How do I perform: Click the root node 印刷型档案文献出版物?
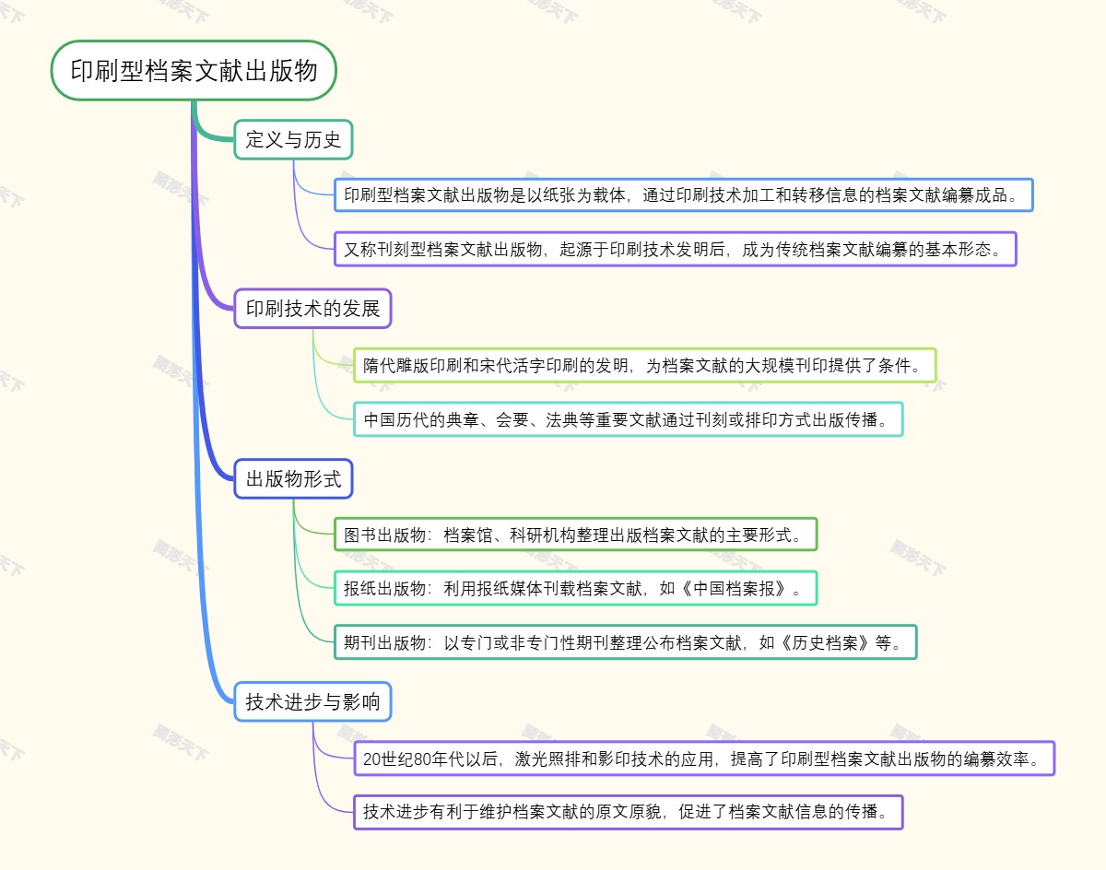[x=194, y=70]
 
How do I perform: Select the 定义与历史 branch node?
[x=293, y=140]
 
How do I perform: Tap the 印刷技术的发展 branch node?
[x=312, y=309]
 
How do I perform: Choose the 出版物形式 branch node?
[x=293, y=478]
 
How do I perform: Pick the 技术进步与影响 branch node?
[x=312, y=701]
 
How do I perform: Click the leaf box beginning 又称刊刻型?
[x=675, y=249]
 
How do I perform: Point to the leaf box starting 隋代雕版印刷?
[x=643, y=365]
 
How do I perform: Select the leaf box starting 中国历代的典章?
[x=627, y=419]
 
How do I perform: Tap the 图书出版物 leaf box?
[x=575, y=535]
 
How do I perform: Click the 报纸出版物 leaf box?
[x=575, y=588]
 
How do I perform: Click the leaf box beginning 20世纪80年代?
[x=702, y=758]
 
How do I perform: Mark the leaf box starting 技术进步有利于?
[x=627, y=812]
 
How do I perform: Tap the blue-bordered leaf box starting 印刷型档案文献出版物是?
[x=683, y=195]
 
